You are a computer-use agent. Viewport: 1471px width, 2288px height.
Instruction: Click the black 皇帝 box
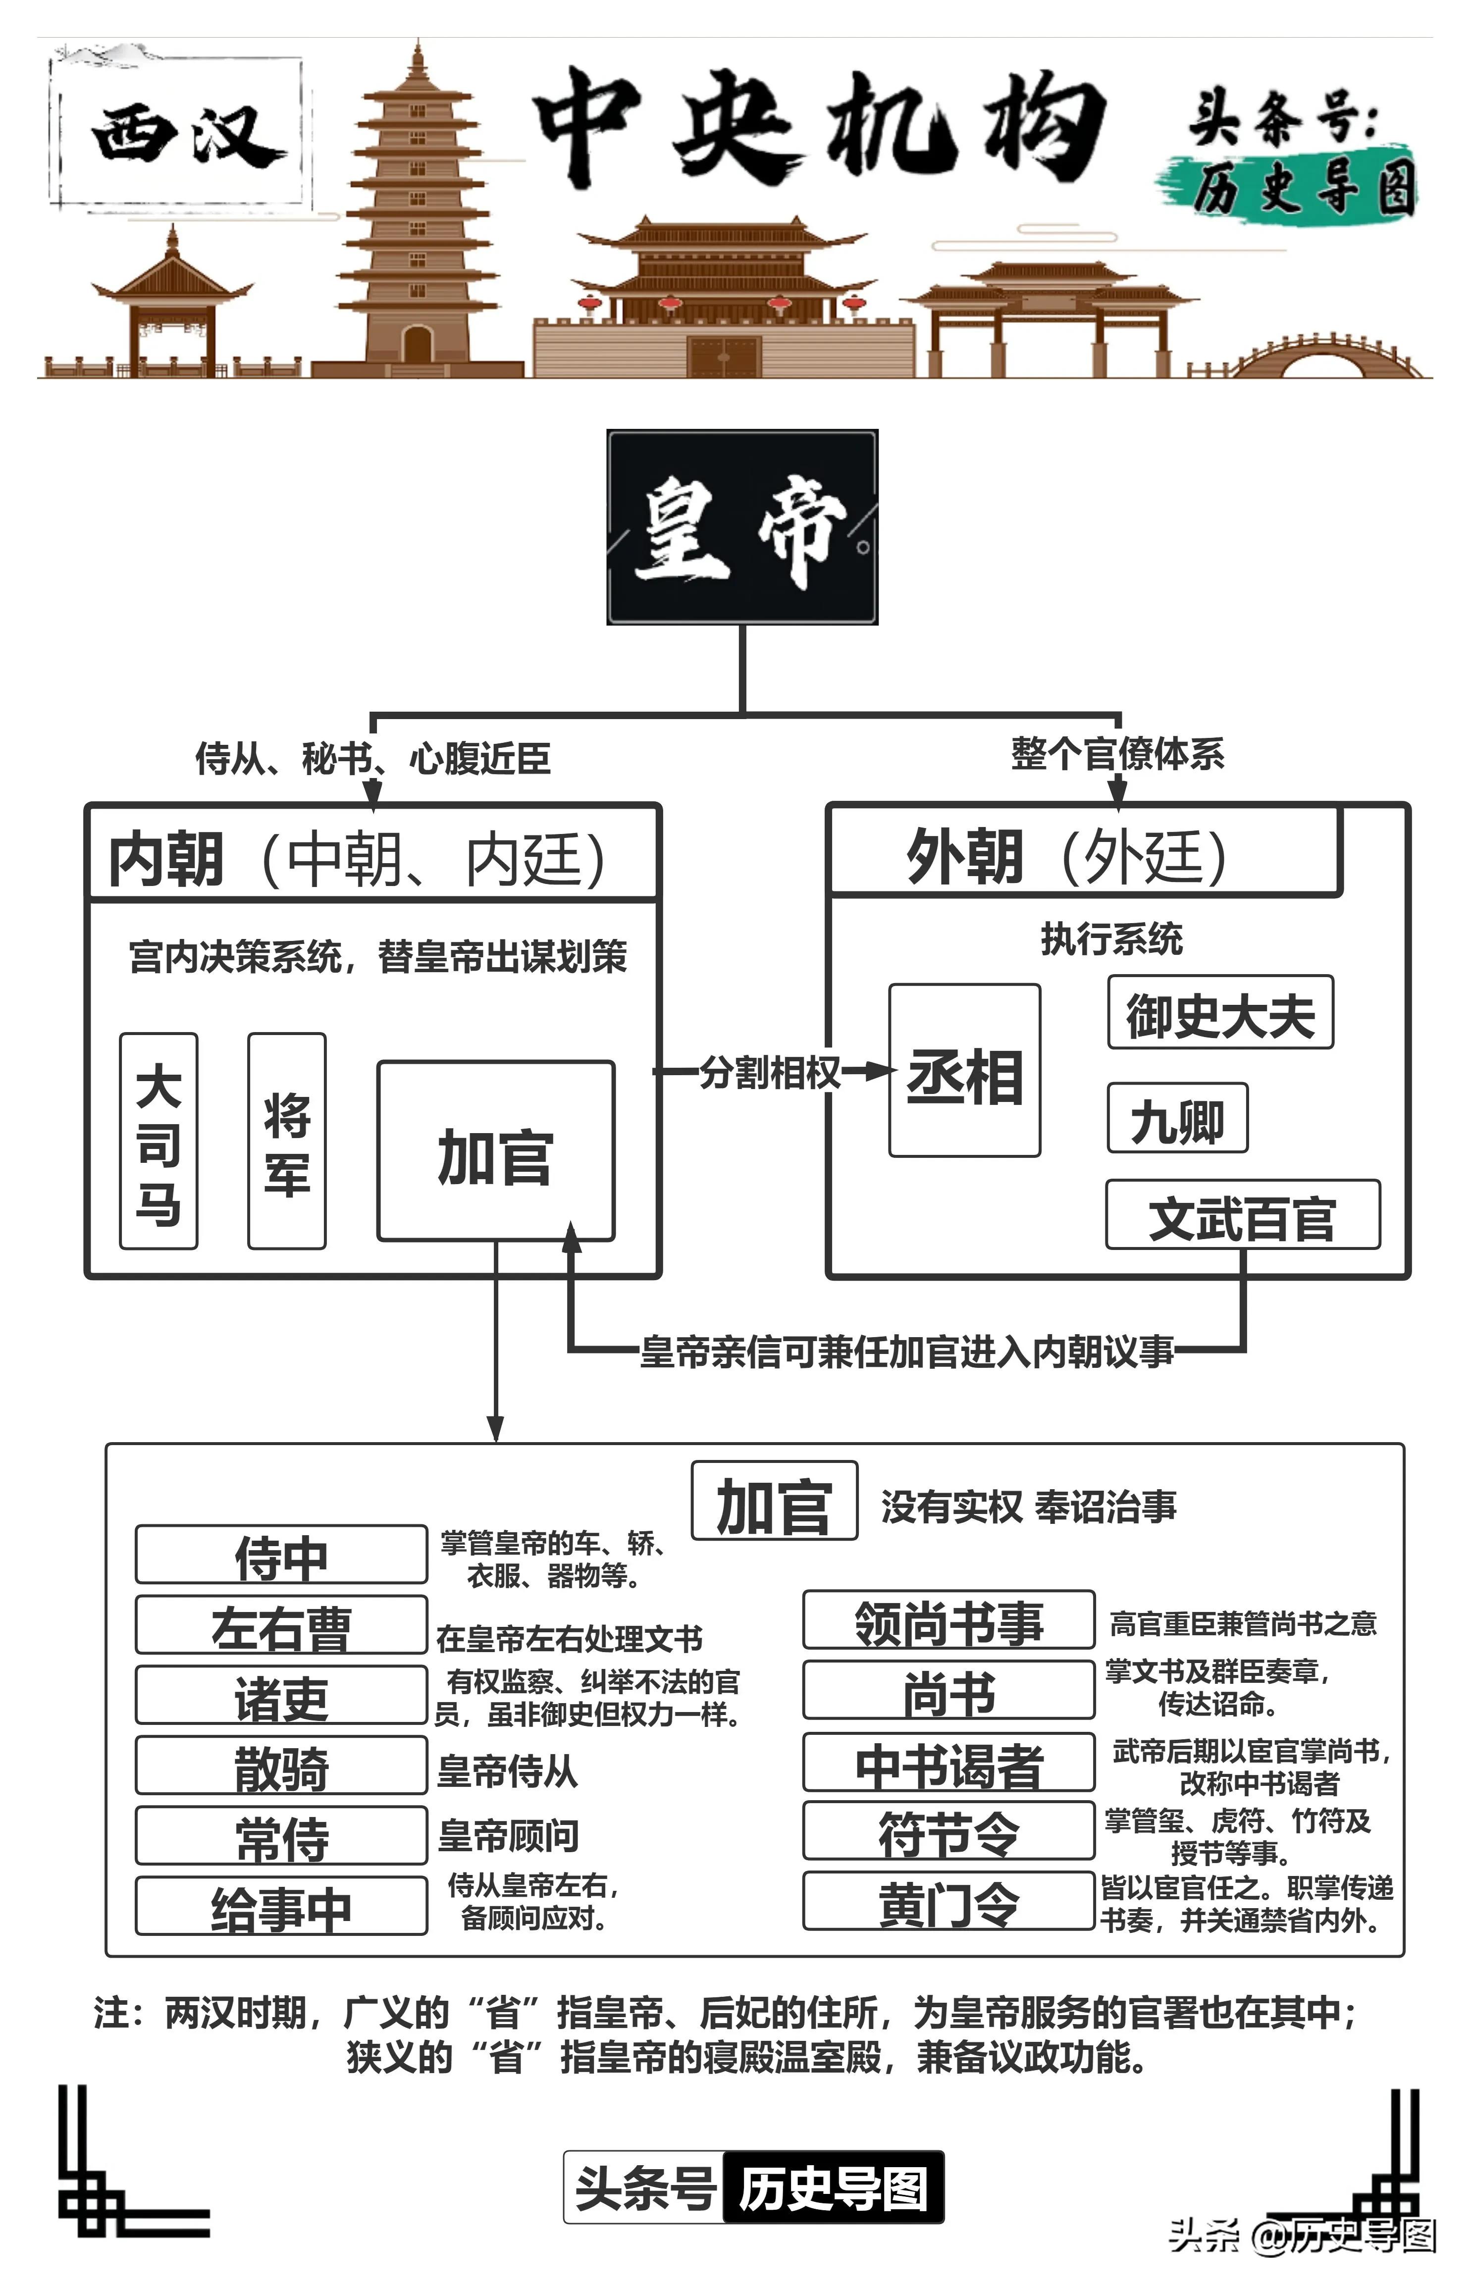742,527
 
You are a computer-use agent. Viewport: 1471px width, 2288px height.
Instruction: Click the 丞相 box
965,1071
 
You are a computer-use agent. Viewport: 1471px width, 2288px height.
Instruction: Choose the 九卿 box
1177,1118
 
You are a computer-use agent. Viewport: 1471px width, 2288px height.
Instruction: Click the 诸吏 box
281,1695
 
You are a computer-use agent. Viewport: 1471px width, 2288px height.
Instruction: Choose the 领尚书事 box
948,1619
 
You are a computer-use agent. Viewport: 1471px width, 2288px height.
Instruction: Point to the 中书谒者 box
948,1762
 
